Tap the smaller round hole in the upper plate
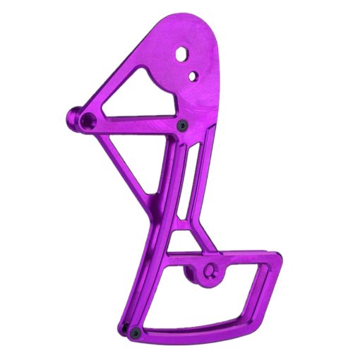pos(191,73)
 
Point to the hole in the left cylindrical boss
pos(87,120)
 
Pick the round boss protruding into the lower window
pos(205,272)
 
